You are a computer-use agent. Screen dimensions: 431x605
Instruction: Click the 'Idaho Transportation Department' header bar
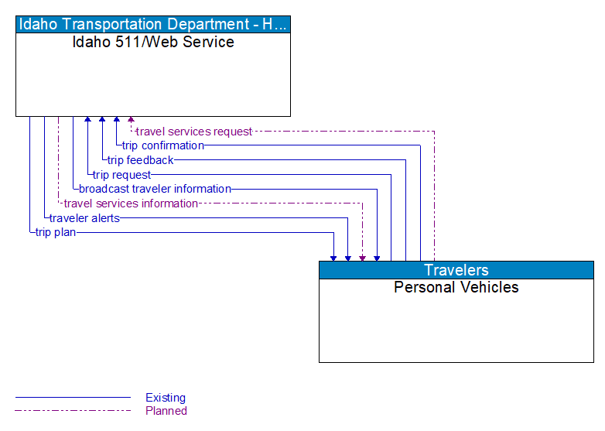coord(153,24)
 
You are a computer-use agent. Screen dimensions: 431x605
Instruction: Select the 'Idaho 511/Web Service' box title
coord(153,42)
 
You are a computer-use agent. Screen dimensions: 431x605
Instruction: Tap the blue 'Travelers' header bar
coord(456,270)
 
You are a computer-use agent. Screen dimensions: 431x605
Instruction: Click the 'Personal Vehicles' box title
coord(456,287)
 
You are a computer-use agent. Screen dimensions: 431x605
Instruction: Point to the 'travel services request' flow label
coord(194,132)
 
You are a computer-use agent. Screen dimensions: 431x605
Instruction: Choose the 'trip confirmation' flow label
coord(163,145)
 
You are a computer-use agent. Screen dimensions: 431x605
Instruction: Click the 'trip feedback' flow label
coord(141,160)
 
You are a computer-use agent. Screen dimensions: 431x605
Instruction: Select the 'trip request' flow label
coord(122,175)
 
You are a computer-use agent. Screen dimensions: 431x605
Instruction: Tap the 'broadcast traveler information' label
coord(155,189)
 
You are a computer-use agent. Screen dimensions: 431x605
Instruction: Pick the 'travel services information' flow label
coord(131,204)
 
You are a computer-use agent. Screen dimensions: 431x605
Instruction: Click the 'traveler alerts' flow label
coord(84,218)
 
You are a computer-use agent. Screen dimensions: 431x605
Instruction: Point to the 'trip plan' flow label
coord(56,232)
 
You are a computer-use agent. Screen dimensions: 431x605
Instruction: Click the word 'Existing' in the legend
coord(166,398)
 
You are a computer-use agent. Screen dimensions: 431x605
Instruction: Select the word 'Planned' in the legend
coord(166,411)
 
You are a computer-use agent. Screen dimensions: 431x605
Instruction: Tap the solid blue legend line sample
coord(73,398)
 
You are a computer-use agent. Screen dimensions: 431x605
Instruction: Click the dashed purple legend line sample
coord(73,411)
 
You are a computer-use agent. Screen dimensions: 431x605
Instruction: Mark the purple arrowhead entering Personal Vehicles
coord(362,257)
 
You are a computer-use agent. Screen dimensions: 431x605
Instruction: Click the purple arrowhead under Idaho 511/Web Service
coord(131,121)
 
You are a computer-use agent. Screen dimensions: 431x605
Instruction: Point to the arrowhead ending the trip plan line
coord(333,257)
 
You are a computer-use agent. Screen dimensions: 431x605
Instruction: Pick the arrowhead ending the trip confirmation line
coord(116,121)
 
